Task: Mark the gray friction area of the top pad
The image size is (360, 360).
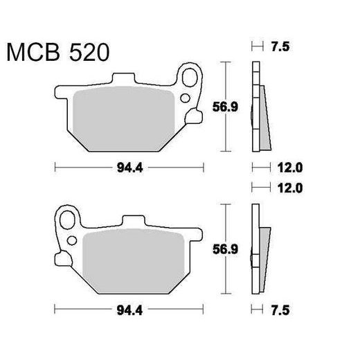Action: point(125,114)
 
